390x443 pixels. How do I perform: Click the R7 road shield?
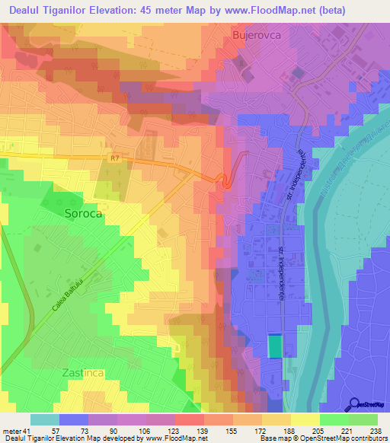(114, 158)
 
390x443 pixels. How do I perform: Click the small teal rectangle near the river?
(274, 346)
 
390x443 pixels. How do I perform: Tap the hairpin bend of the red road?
(225, 183)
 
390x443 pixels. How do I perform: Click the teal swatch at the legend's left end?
(45, 419)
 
